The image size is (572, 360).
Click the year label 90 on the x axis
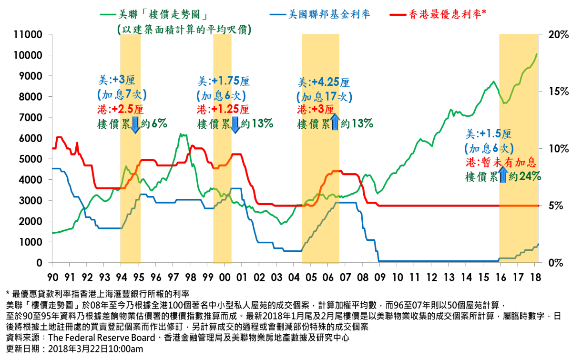(x=52, y=277)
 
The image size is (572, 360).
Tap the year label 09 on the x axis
(x=380, y=277)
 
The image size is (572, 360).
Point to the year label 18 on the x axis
(x=535, y=277)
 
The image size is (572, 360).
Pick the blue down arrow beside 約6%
(x=135, y=123)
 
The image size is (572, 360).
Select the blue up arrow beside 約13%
(x=334, y=123)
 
